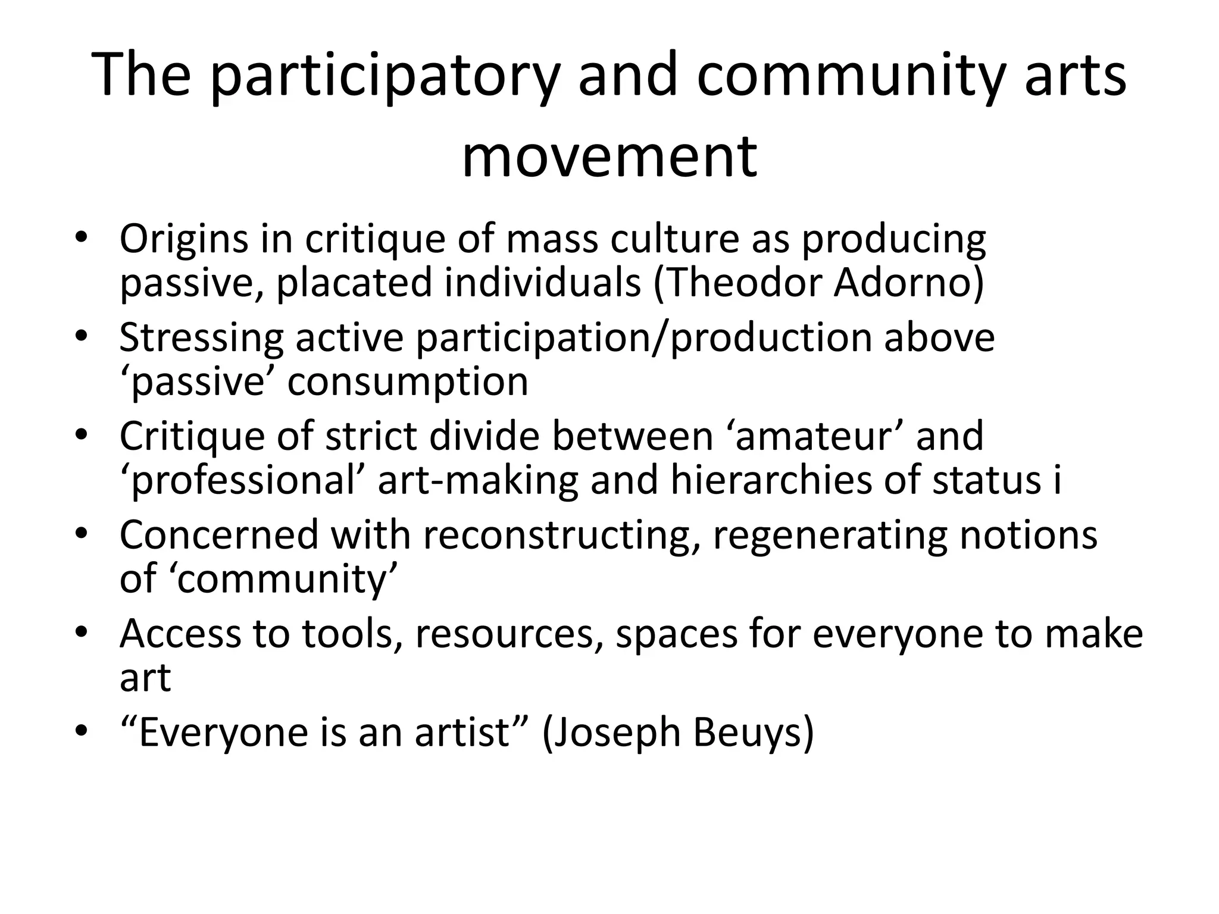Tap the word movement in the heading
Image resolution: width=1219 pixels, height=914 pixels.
(x=609, y=156)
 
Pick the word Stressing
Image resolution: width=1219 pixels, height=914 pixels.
(x=201, y=337)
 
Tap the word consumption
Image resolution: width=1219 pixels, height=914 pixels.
(x=408, y=381)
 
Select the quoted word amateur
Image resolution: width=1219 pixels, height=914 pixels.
(x=815, y=436)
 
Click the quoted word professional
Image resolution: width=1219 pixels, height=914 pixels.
(x=243, y=480)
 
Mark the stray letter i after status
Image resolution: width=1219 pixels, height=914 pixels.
(x=1057, y=480)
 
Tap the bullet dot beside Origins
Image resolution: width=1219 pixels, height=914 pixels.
(x=82, y=238)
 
